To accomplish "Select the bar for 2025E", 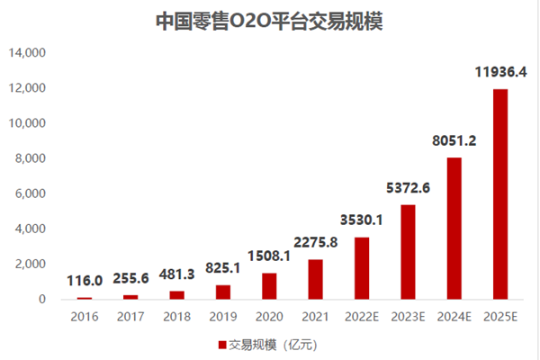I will point(501,193).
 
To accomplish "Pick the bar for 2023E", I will point(408,251).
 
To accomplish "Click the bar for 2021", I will point(315,279).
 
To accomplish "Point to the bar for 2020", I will point(268,285).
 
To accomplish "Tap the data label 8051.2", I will point(454,139).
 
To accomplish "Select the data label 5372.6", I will point(408,186).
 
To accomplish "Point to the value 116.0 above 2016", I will point(84,282).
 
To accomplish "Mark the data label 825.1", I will point(222,267).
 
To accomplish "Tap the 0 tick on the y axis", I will point(41,299).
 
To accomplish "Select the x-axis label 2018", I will point(175,316).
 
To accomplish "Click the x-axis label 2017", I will point(130,316).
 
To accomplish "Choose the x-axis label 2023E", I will point(408,316).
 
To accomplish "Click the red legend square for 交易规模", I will point(222,344).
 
